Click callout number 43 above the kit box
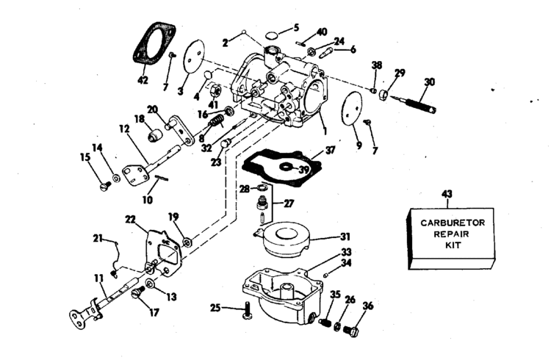(447, 194)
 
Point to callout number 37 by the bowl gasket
(331, 150)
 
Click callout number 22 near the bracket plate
(130, 219)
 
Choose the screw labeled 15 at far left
(104, 186)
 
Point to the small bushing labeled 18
(154, 136)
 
